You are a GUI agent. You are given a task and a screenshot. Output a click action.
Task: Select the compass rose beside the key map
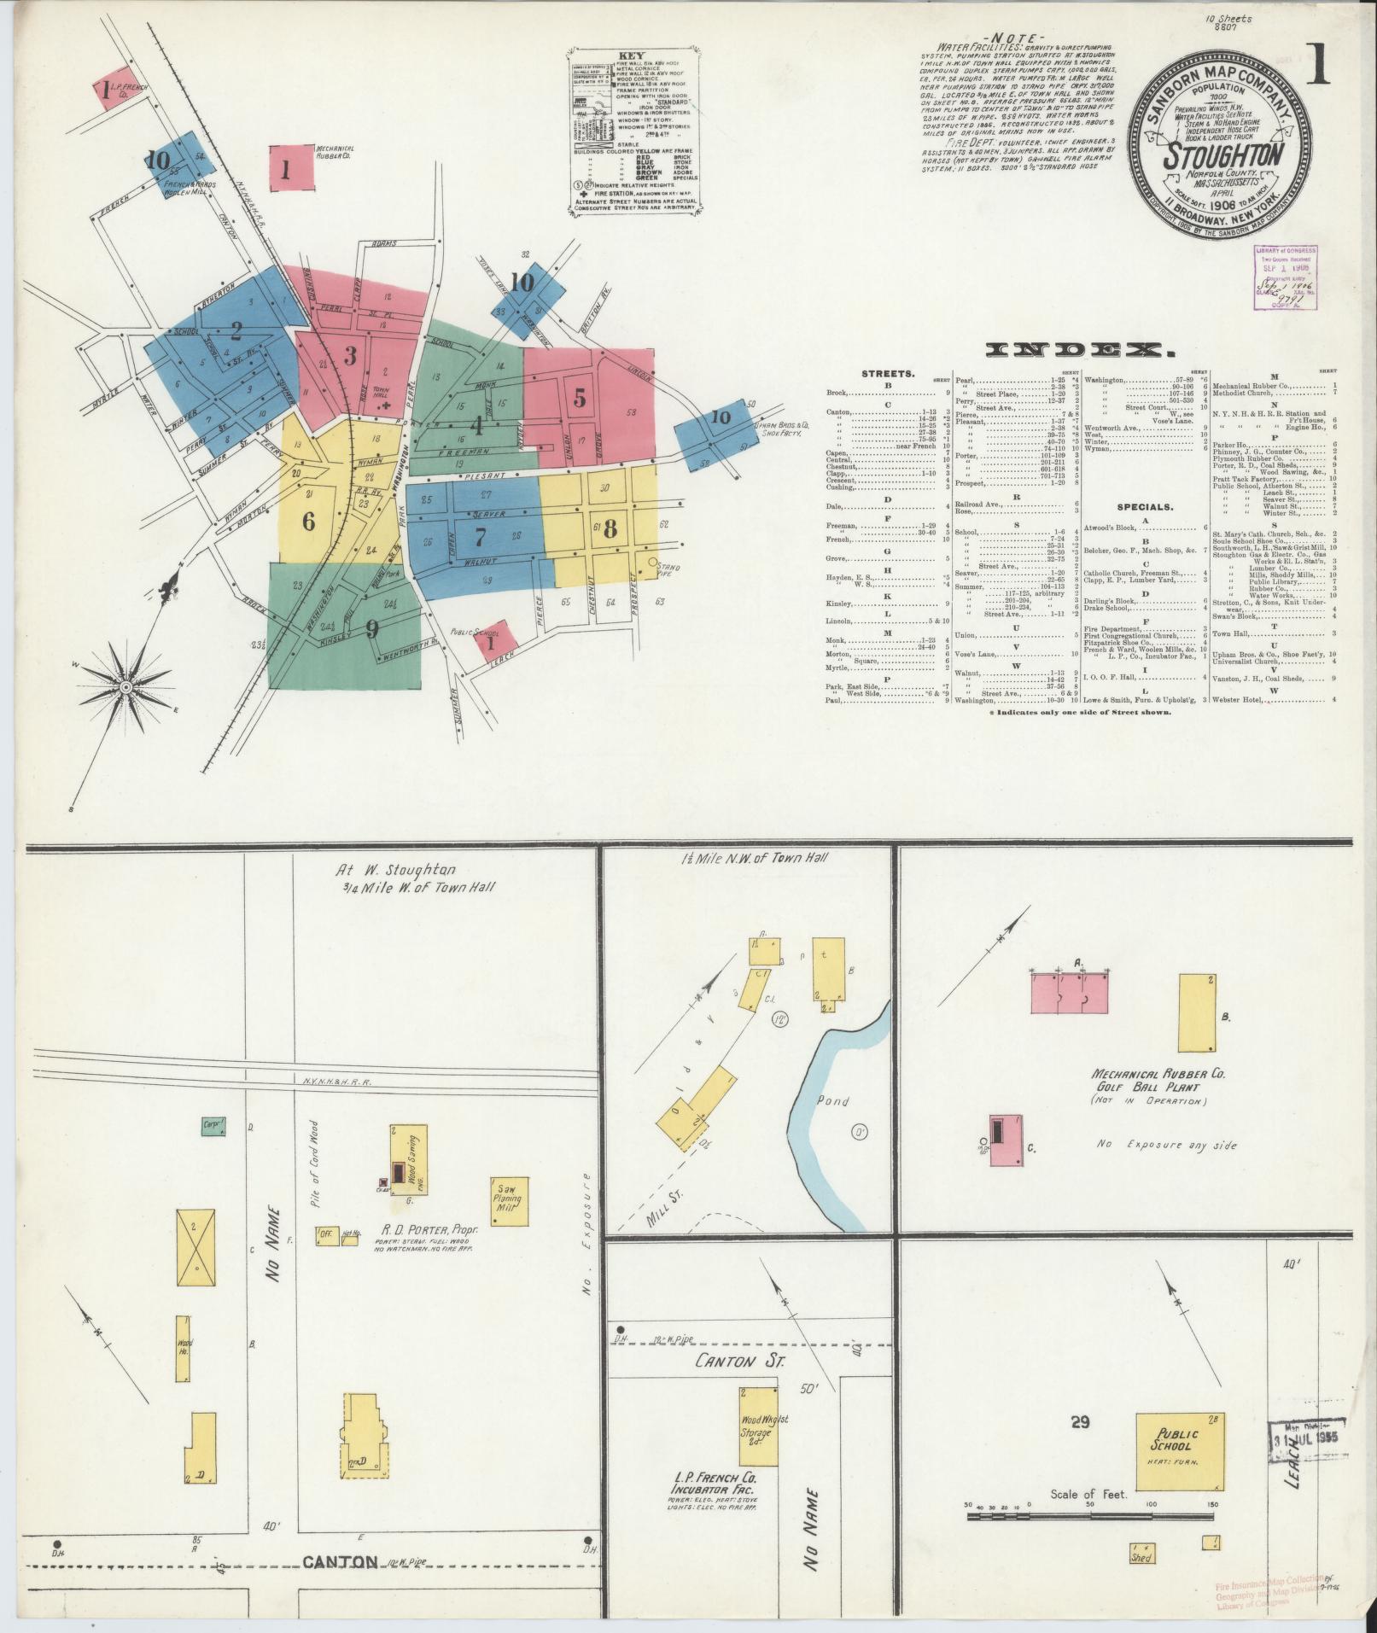point(126,686)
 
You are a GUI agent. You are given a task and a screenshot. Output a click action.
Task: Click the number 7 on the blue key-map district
point(480,537)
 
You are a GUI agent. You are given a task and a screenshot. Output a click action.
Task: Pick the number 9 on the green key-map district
point(371,630)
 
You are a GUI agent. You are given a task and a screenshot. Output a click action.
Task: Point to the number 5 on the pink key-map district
point(581,398)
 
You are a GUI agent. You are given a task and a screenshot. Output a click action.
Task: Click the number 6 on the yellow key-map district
point(308,520)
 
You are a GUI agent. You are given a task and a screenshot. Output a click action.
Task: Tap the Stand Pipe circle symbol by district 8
point(654,563)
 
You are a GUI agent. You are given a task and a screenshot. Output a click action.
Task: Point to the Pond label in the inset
point(832,1101)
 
